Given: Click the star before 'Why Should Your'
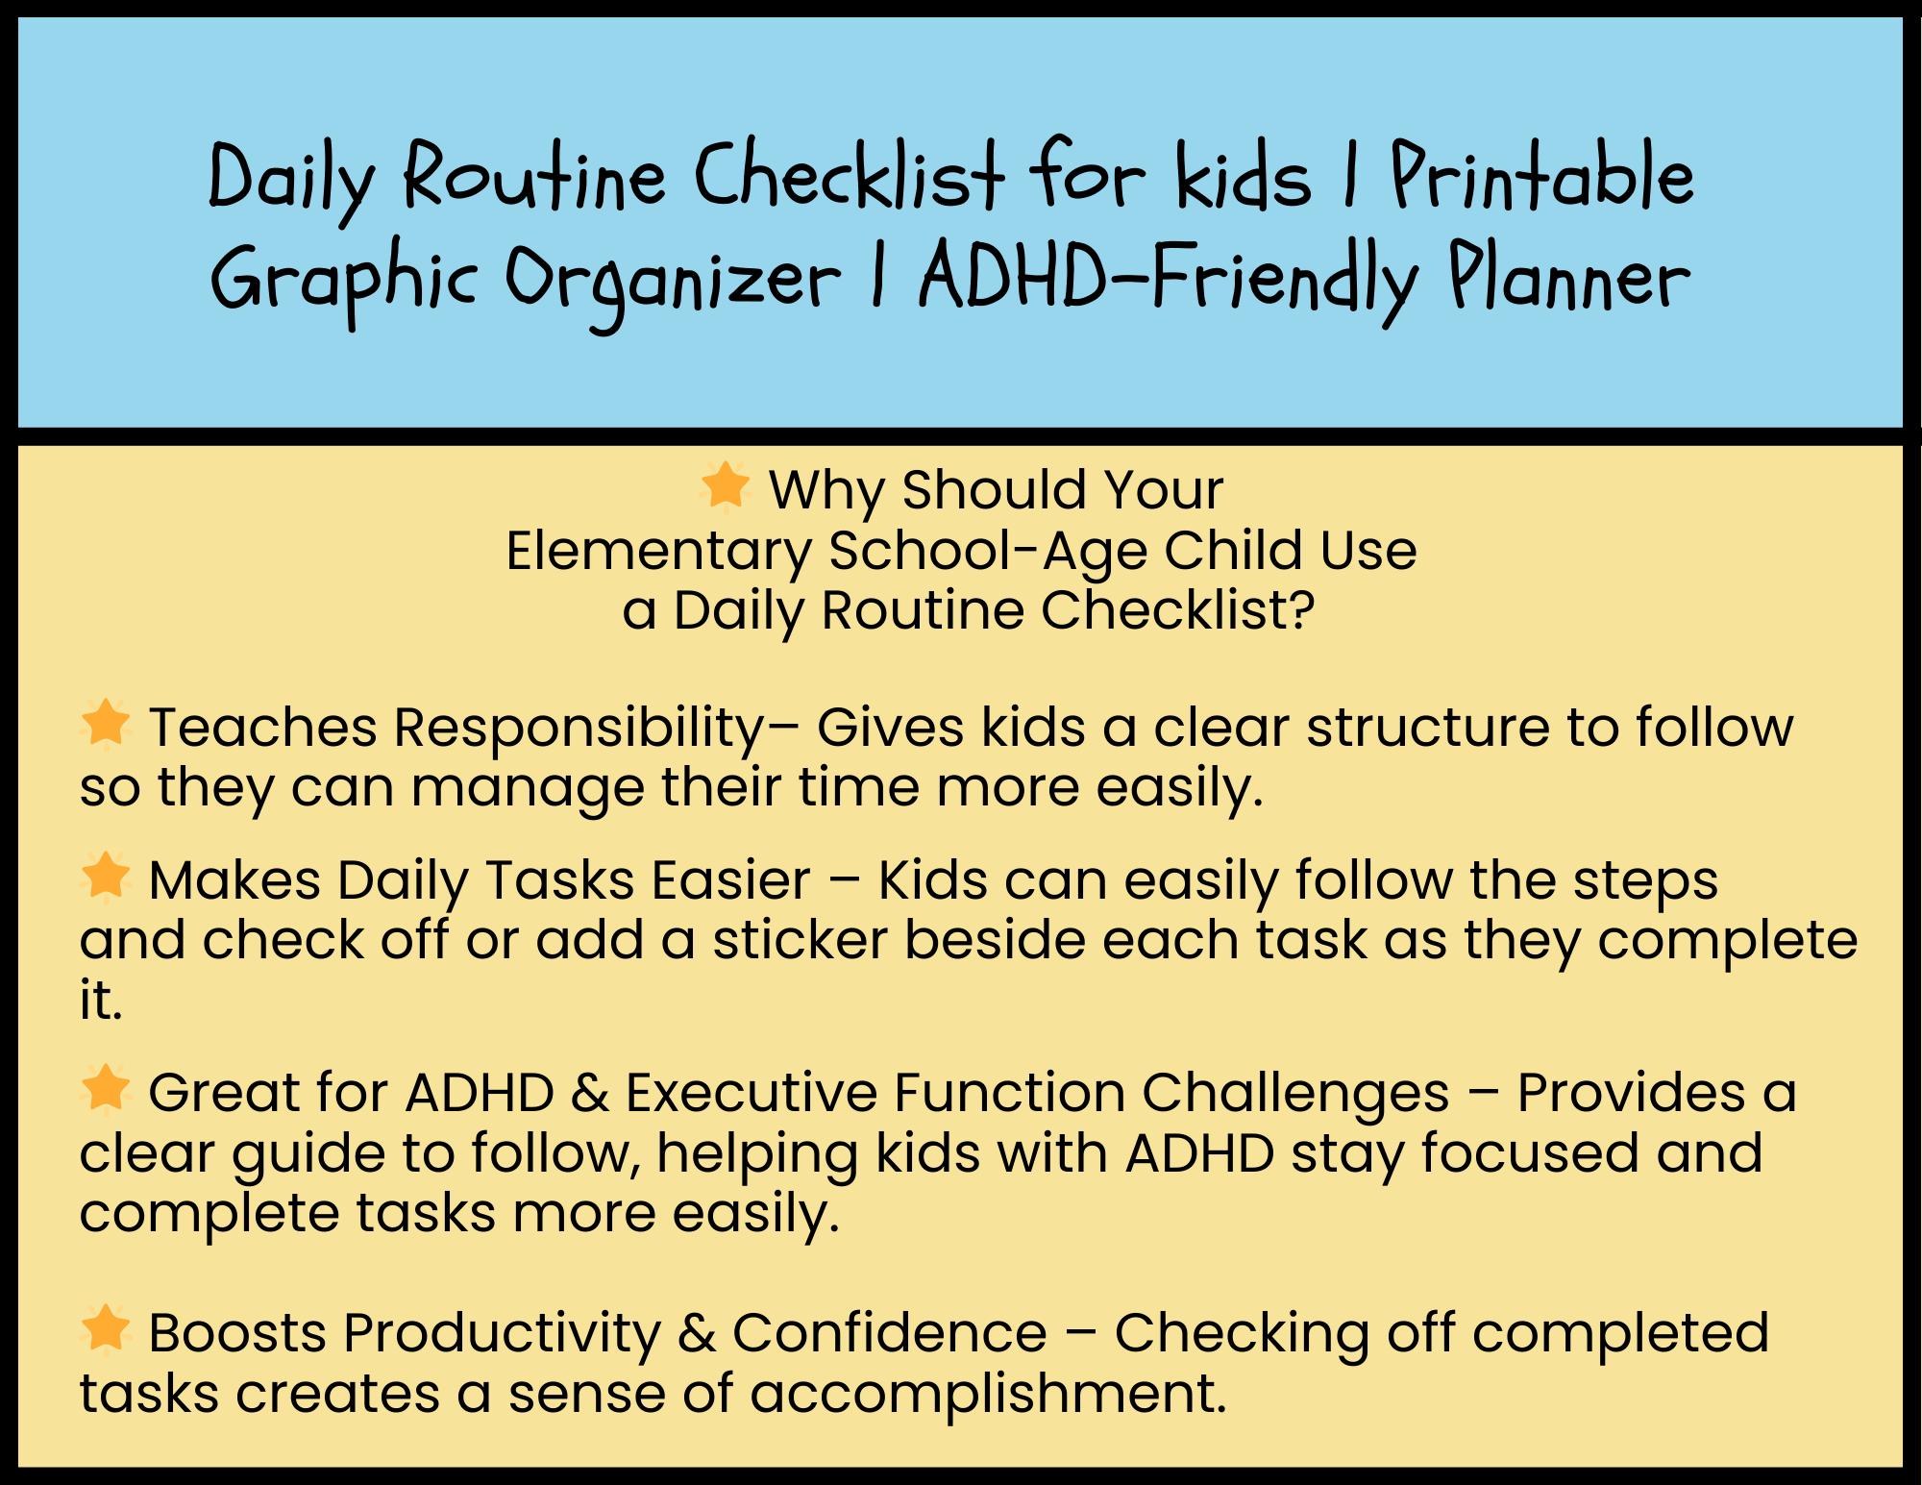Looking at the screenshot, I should (726, 485).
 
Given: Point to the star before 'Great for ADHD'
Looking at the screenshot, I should (106, 1089).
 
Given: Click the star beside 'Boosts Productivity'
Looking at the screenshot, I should (106, 1328).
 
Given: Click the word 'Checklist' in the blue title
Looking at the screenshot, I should (850, 177).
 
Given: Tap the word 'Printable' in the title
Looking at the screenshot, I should (1543, 177).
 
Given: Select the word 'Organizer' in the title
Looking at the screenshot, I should (673, 283).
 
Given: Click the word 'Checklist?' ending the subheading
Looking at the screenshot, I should (1177, 610).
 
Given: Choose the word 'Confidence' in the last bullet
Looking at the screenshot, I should (890, 1333).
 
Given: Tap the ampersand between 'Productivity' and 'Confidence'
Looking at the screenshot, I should (697, 1333).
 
